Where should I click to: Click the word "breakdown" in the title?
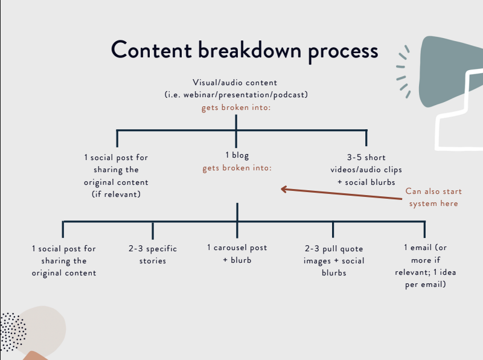pos(249,50)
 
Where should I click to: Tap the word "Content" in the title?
pos(152,50)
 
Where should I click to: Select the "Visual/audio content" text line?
pos(235,83)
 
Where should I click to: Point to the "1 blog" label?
pos(237,155)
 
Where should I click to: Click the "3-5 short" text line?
pos(366,158)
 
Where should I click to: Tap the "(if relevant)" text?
pos(116,194)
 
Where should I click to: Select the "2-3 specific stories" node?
pos(153,254)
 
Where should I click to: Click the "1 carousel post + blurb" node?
pos(237,254)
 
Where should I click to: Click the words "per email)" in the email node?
pos(426,284)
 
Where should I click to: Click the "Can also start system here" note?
pos(433,198)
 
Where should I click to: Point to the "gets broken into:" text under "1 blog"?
pos(237,168)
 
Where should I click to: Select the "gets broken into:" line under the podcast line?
pos(236,108)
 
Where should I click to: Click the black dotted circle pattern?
pos(13,332)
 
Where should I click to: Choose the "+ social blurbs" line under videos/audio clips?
pos(366,182)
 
